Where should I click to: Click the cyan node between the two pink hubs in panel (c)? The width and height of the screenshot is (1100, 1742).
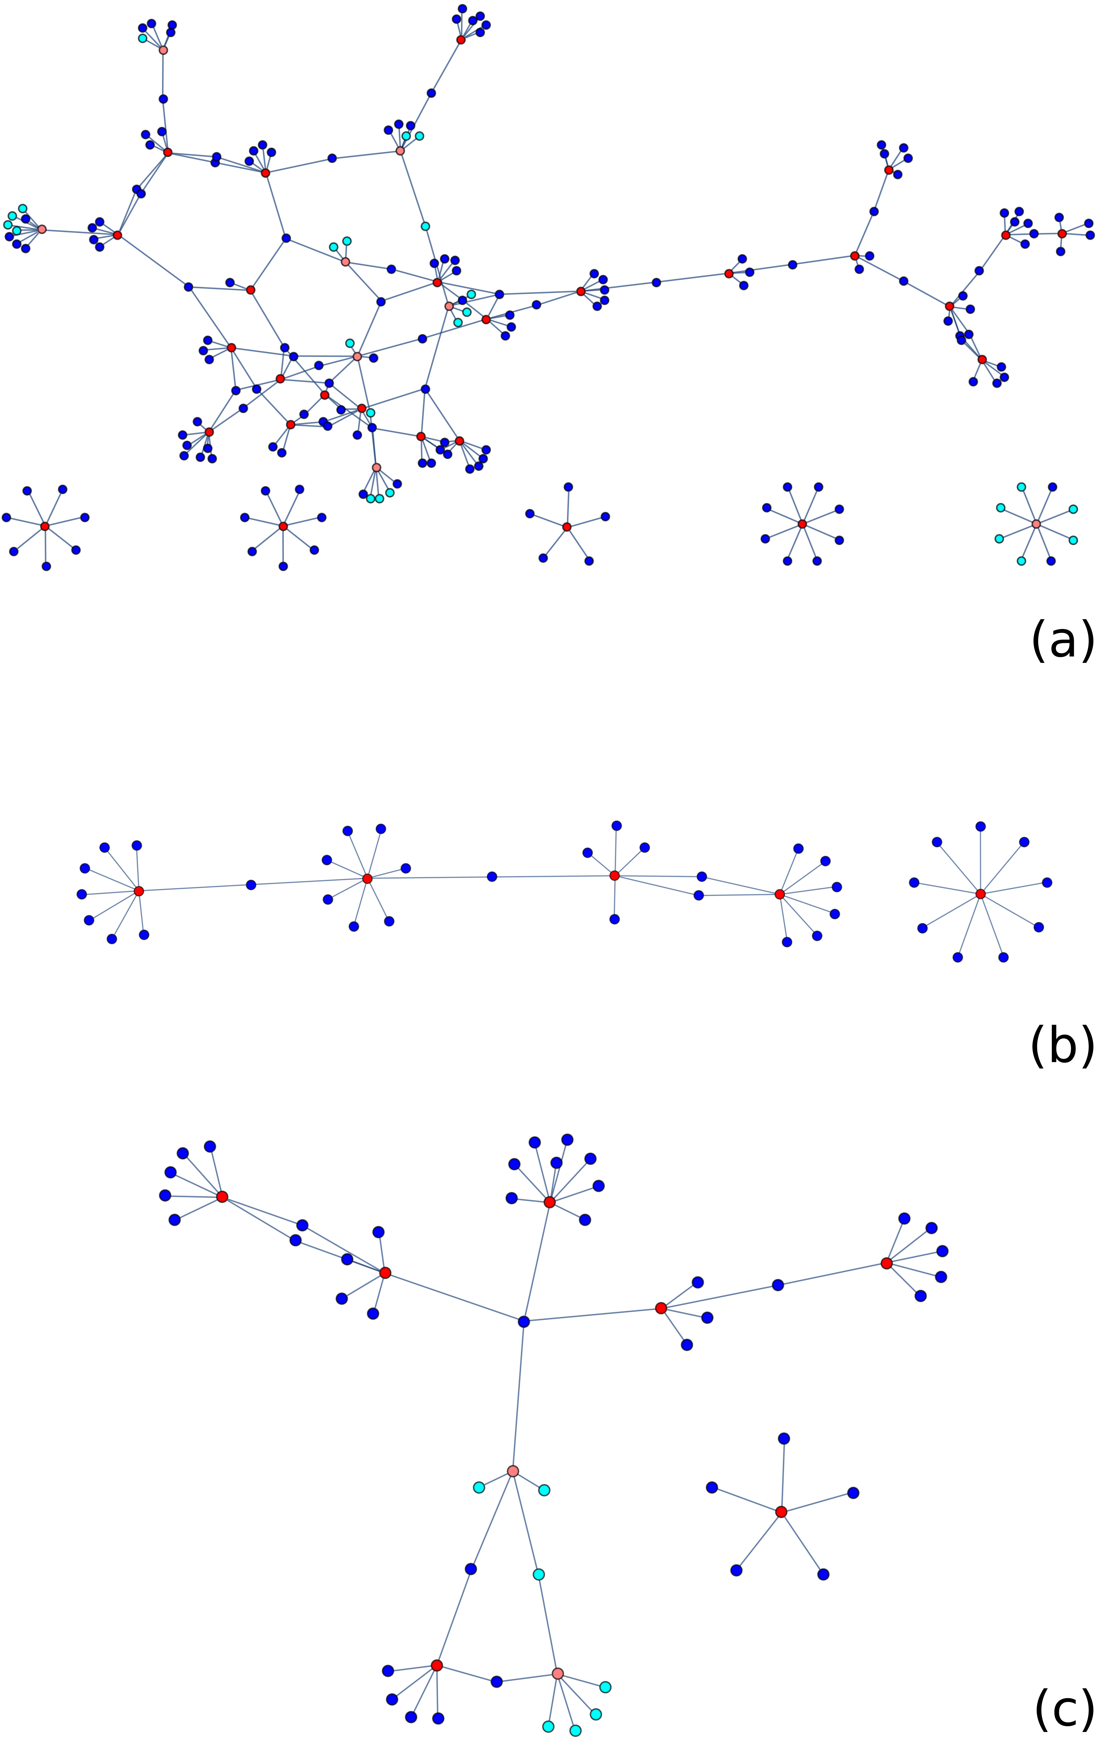tap(538, 1574)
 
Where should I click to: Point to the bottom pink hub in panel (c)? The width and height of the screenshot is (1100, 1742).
tap(557, 1673)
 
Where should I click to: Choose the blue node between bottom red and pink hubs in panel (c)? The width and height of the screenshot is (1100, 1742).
tap(496, 1682)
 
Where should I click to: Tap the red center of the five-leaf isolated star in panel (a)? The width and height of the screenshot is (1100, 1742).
tap(567, 527)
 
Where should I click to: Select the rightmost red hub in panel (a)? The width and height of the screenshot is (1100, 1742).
tap(1062, 234)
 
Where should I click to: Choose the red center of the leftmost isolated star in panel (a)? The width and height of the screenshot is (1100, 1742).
tap(45, 526)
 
